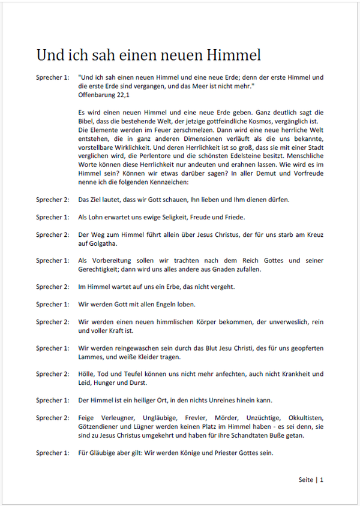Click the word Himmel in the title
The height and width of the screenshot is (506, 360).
coord(232,55)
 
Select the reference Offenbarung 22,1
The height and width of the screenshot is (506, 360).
coord(104,94)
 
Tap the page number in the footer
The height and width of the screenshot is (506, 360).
coord(322,480)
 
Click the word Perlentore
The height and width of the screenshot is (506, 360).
coord(194,155)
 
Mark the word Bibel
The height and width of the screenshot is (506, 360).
coord(88,121)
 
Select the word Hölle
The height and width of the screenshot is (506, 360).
coord(88,374)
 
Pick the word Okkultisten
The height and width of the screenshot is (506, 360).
coord(303,417)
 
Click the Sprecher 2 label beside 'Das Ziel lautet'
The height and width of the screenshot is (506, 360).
coord(53,200)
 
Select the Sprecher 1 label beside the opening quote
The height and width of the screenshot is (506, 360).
coord(53,77)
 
